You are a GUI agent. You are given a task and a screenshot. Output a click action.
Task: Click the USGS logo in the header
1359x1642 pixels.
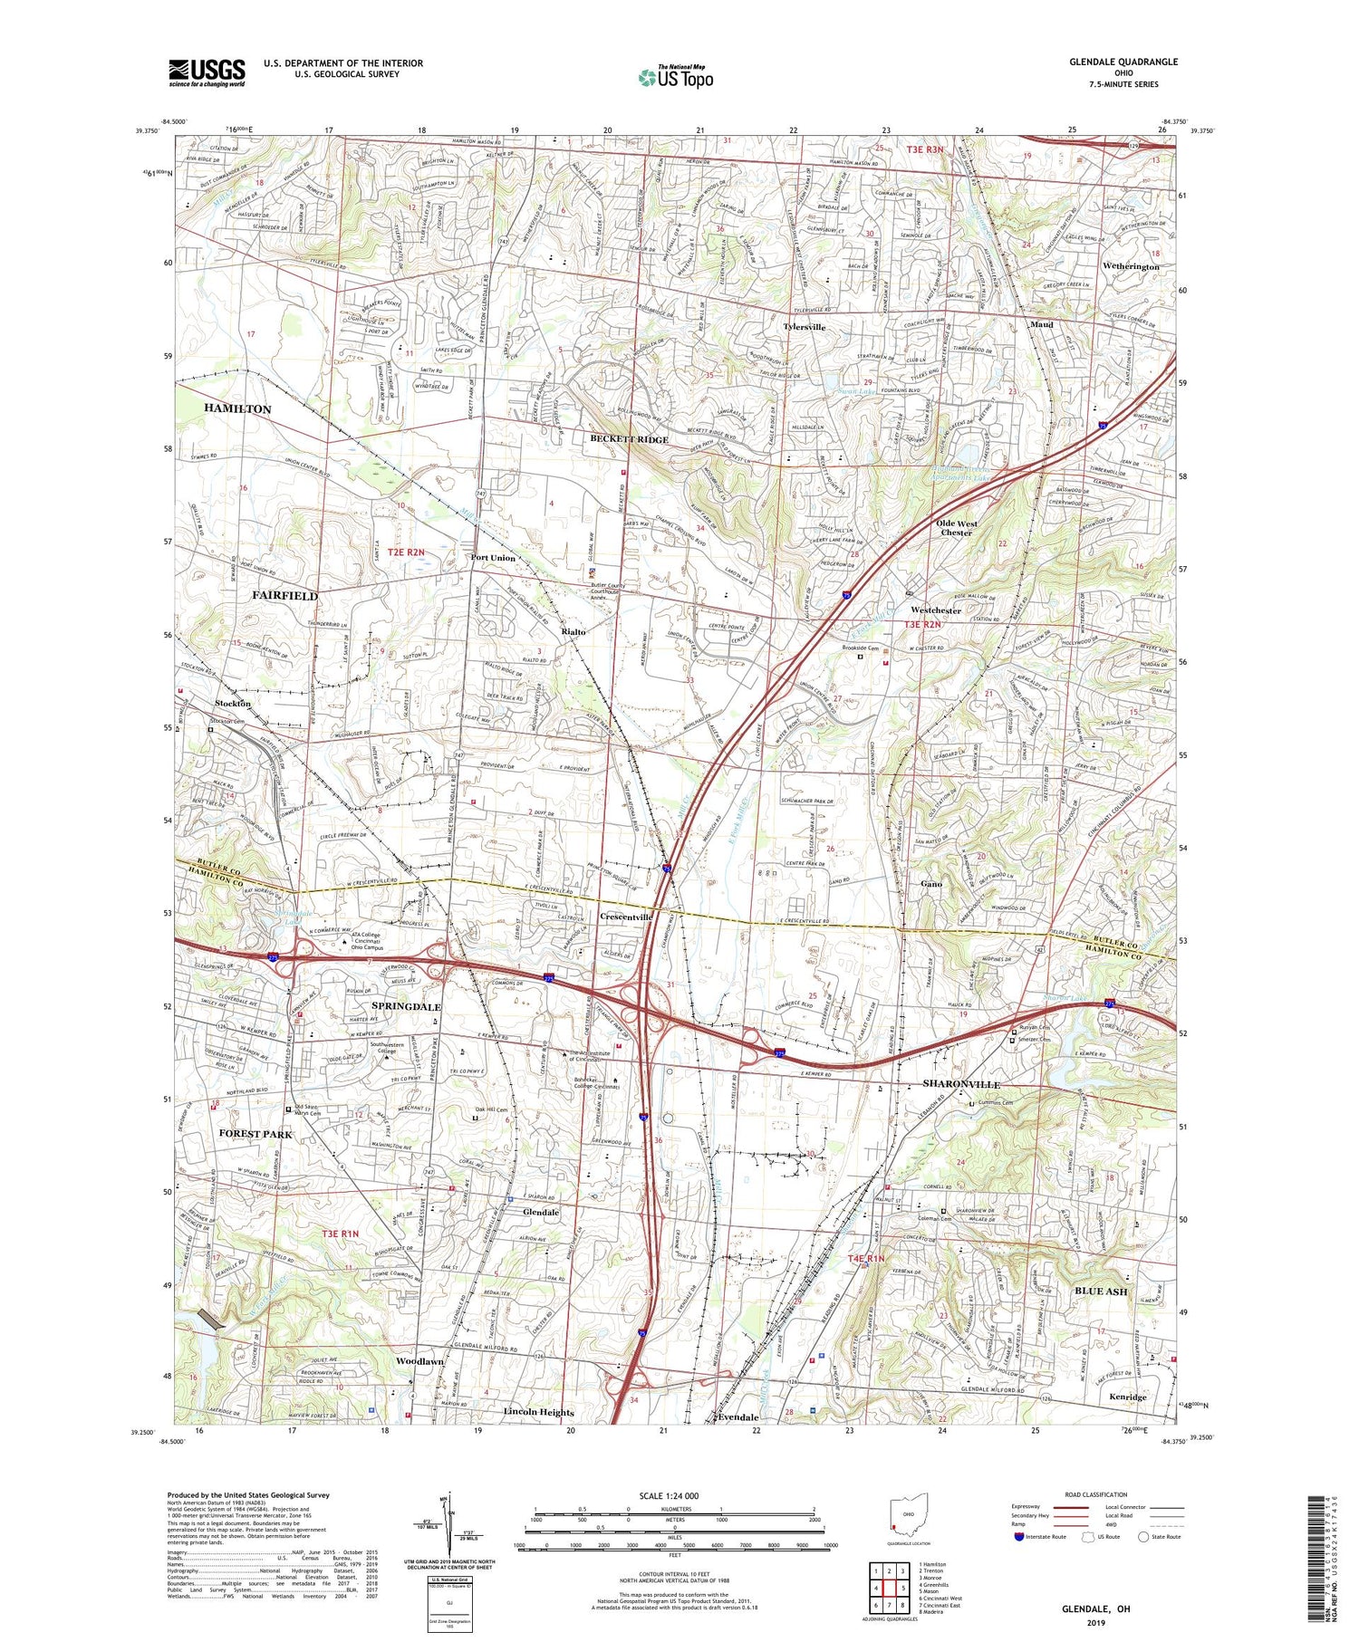click(x=207, y=72)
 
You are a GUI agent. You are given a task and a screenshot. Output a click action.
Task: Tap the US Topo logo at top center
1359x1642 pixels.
click(x=675, y=78)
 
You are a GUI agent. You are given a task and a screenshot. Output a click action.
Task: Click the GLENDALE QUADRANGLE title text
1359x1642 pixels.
click(x=1123, y=62)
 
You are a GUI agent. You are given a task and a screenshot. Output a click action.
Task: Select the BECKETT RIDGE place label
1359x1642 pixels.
click(x=629, y=439)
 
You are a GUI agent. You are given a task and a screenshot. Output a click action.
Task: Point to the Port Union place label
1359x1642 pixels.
click(x=493, y=558)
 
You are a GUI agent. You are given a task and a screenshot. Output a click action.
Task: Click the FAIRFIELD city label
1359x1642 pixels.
click(x=284, y=596)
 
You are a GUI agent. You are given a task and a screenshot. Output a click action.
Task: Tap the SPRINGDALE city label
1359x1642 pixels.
click(x=406, y=1006)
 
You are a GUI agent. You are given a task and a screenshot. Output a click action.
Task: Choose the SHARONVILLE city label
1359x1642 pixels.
click(x=961, y=1084)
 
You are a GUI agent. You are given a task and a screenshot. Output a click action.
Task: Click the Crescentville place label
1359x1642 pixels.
click(x=626, y=917)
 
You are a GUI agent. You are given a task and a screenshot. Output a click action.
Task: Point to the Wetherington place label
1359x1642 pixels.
click(x=1131, y=266)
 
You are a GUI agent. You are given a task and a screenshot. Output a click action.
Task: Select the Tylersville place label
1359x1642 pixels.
click(x=804, y=326)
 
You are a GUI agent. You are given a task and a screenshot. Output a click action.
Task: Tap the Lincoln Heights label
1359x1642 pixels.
click(x=538, y=1412)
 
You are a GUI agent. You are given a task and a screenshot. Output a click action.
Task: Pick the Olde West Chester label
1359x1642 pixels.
click(x=956, y=528)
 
